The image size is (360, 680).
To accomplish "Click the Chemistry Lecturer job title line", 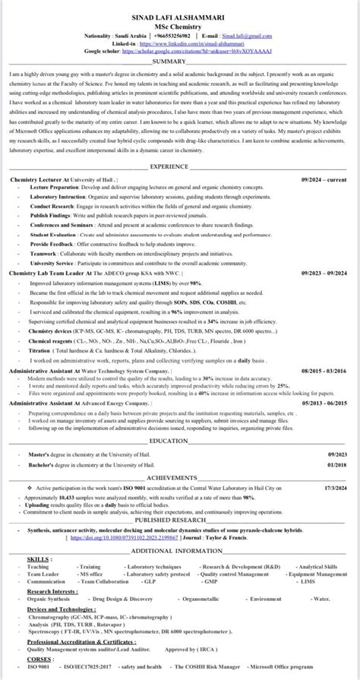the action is (x=62, y=179).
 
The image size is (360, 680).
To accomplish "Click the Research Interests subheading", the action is (x=54, y=590).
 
